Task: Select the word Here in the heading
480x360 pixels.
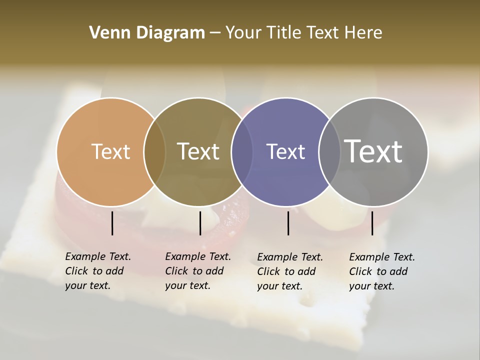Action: click(x=363, y=33)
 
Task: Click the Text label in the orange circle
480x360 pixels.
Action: click(x=111, y=151)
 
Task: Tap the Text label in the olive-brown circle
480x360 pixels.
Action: click(x=198, y=151)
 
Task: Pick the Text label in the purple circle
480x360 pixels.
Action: click(x=285, y=151)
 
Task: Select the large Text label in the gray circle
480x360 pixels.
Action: click(x=373, y=151)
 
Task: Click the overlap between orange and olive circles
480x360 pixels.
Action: click(x=154, y=151)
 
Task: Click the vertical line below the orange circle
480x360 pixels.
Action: click(x=112, y=223)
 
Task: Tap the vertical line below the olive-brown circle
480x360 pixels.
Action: click(x=200, y=223)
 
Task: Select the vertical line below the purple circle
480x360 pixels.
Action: click(x=288, y=223)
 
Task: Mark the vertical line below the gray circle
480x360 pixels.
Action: click(x=372, y=223)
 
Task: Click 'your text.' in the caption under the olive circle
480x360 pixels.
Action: click(x=187, y=285)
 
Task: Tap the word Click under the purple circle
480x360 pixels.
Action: click(x=268, y=271)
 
